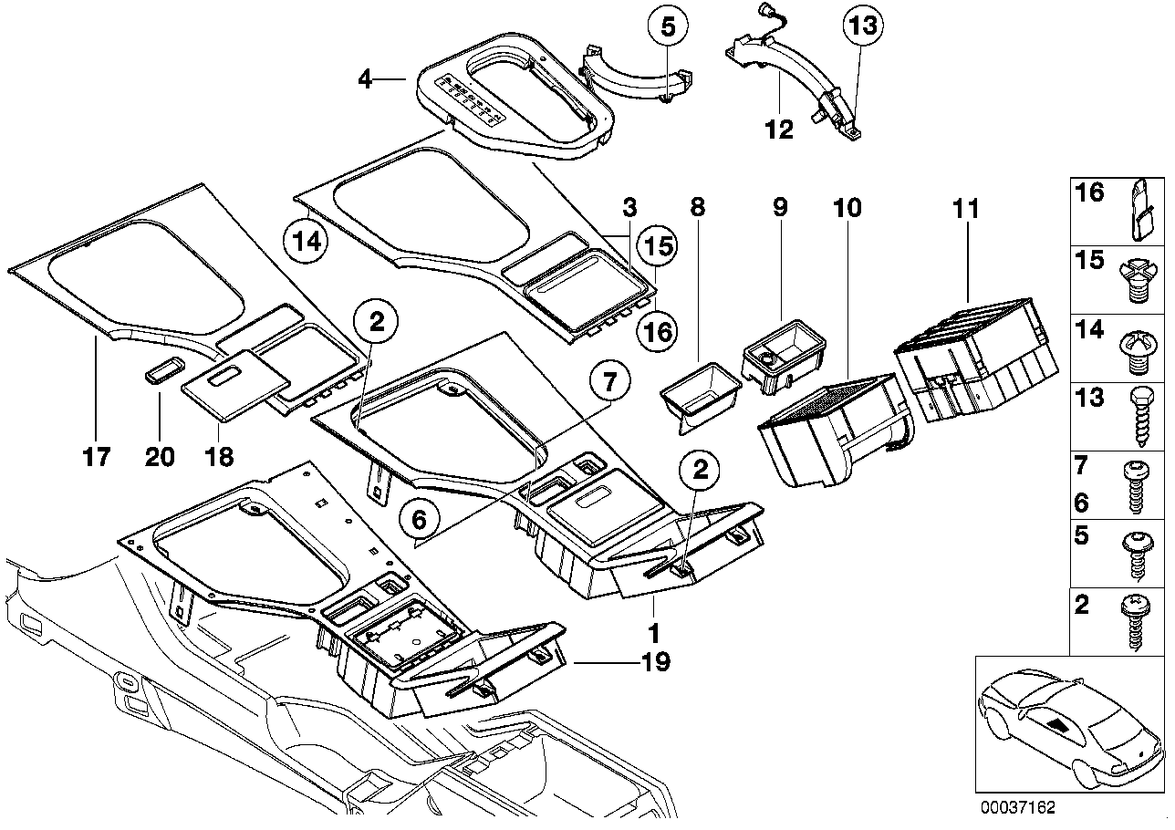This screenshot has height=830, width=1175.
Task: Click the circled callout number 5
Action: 667,26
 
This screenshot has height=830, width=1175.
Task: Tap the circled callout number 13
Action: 863,25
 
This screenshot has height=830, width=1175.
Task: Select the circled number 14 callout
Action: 307,242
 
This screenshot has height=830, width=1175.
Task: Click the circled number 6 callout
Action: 420,520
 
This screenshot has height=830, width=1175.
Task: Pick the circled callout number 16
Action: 657,331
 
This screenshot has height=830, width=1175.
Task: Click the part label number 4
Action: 365,80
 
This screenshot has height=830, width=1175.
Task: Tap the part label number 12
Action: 779,129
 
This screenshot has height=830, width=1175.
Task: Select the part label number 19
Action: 656,662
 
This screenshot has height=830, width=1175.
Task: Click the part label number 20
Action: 160,457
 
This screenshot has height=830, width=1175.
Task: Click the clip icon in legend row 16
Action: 1139,211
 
